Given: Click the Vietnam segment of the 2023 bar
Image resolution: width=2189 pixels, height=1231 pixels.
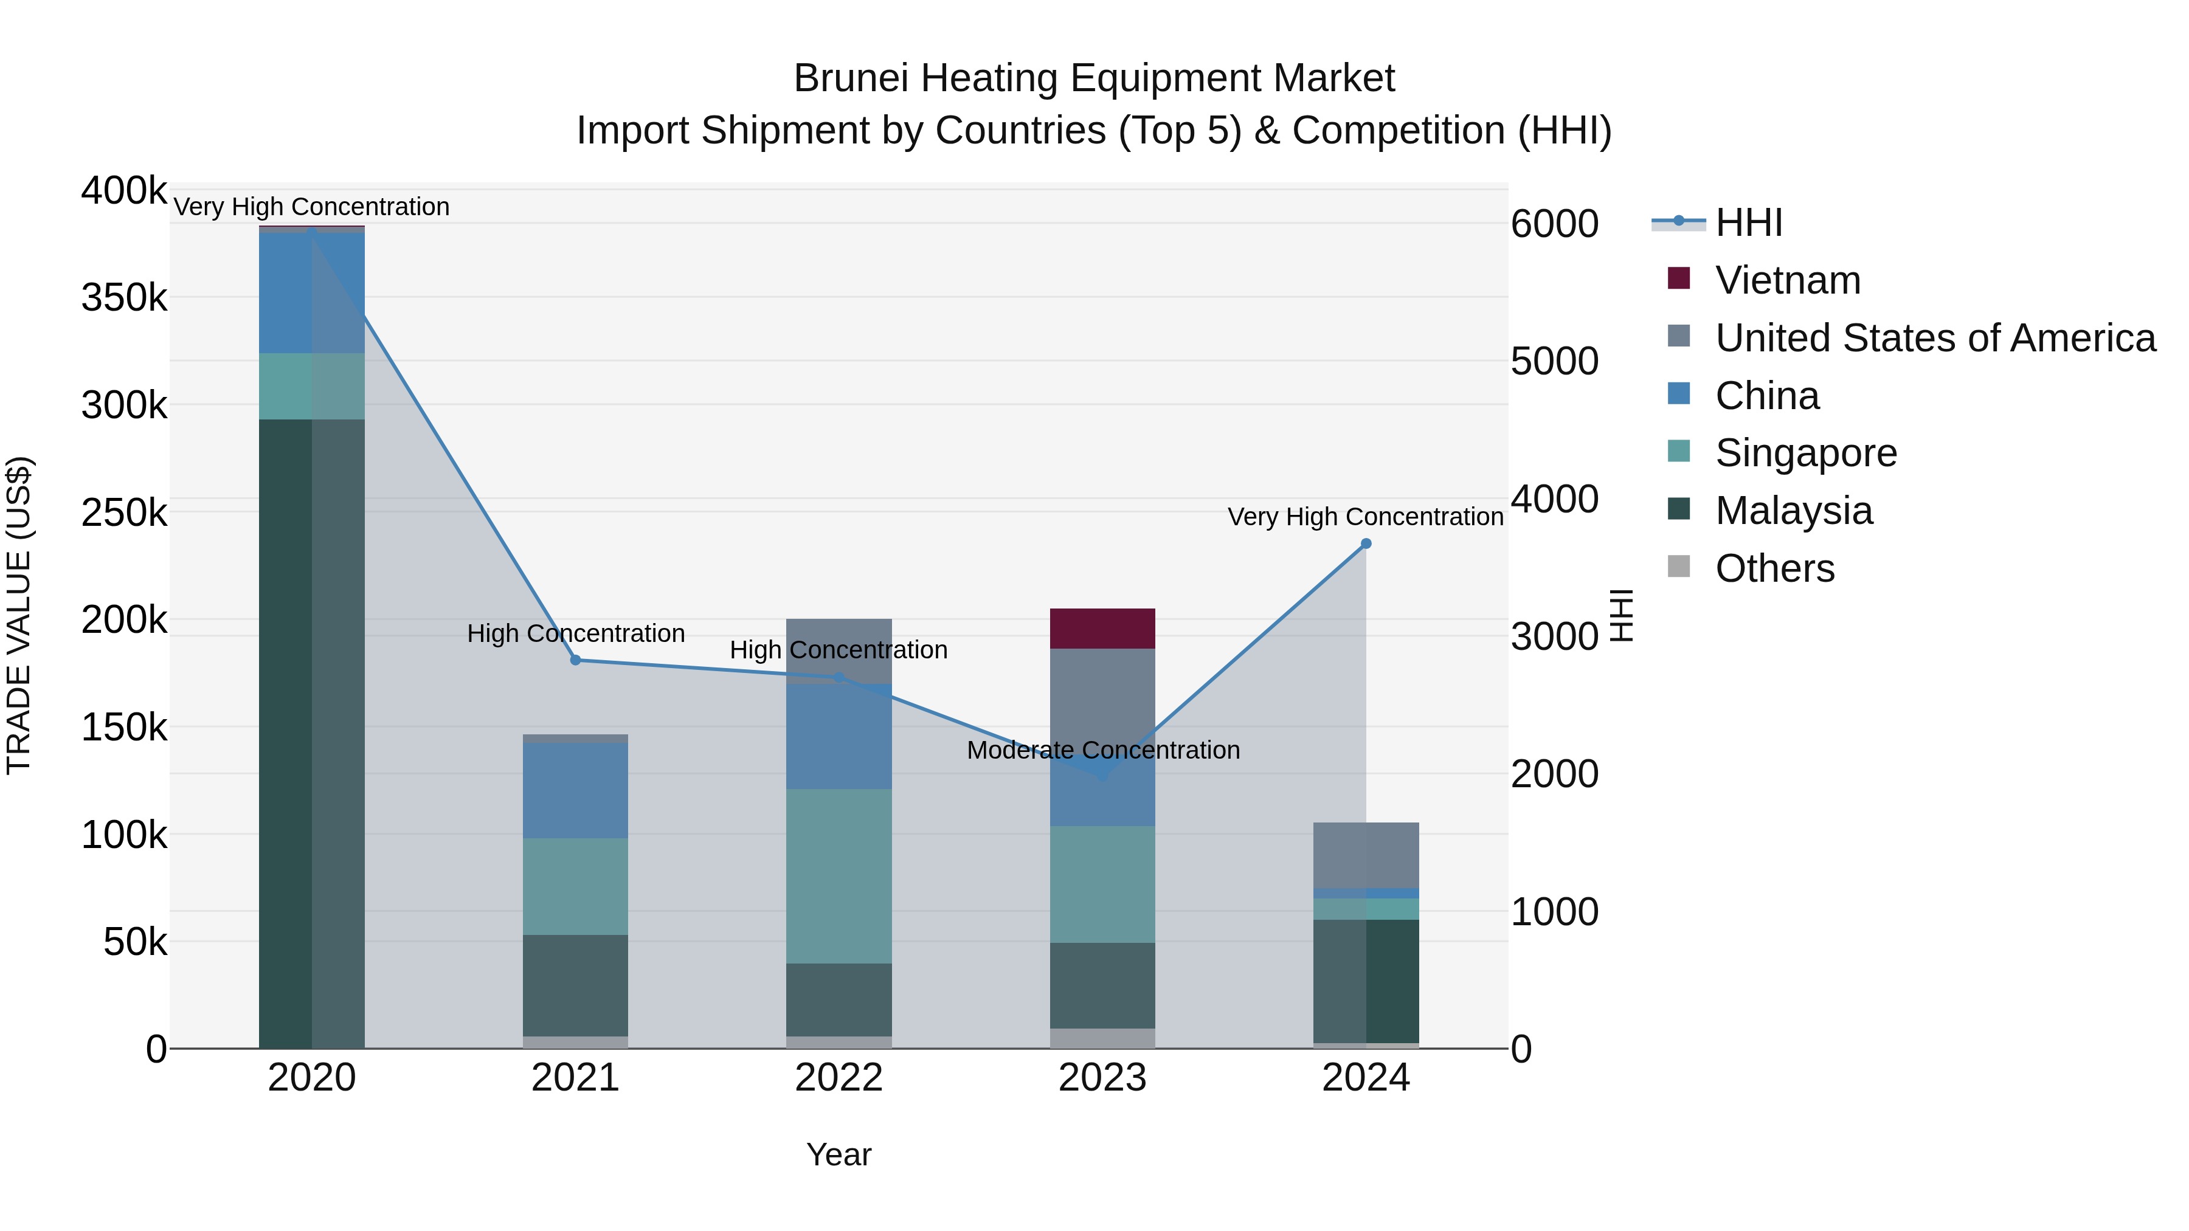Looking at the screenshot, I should [1102, 629].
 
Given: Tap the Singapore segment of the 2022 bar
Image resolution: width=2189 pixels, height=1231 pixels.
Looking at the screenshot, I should [839, 875].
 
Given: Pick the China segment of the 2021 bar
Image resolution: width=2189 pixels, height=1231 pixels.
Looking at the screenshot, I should [575, 790].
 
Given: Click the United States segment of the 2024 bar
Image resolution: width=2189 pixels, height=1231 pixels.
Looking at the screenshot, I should [1366, 855].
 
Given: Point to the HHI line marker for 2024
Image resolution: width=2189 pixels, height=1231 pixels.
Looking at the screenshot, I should [1366, 543].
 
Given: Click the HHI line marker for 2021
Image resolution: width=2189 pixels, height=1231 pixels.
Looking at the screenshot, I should [575, 660].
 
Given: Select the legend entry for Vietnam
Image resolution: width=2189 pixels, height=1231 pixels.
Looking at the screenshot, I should [1787, 280].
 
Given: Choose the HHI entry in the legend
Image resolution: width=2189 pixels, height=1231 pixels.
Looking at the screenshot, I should [1748, 222].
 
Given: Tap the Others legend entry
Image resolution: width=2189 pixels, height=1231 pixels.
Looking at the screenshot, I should [1774, 568].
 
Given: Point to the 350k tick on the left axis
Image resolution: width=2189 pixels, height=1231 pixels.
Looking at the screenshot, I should [124, 298].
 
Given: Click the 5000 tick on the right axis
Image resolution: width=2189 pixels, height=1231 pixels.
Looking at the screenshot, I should [1554, 361].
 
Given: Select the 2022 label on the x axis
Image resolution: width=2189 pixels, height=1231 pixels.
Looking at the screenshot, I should [839, 1078].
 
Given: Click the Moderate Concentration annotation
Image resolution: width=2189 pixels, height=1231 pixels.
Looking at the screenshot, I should [1103, 750].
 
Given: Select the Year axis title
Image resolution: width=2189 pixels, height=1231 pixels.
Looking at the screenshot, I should [839, 1154].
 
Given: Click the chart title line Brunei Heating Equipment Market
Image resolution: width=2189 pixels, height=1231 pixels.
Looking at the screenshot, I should [1094, 78].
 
